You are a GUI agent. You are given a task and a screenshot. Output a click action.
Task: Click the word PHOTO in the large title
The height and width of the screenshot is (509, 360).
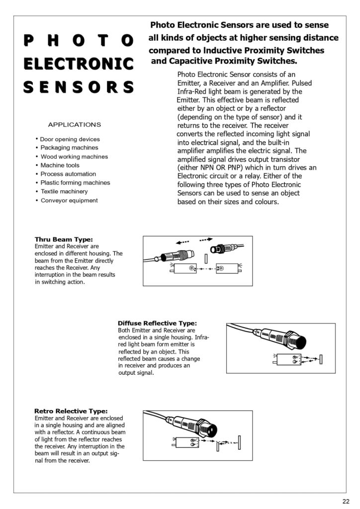(79, 40)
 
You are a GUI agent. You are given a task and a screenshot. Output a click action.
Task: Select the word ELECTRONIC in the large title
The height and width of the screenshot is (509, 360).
(79, 64)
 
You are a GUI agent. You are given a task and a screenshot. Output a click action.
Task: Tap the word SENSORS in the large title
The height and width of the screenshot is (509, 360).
(79, 87)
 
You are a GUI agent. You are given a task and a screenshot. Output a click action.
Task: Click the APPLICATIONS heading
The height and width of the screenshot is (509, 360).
(74, 125)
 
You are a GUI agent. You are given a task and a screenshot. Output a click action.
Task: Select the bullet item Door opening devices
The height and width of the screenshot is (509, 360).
(70, 139)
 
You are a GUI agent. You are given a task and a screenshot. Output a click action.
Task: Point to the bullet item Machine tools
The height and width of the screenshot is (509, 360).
(60, 165)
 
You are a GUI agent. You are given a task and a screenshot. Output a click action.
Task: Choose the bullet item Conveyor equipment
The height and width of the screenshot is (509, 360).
(69, 200)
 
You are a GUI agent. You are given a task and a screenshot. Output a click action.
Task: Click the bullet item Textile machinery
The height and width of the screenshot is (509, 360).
(64, 191)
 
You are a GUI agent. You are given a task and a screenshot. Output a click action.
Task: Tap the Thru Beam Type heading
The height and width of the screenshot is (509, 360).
(64, 240)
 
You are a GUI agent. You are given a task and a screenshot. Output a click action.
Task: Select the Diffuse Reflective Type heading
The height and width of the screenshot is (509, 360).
(157, 323)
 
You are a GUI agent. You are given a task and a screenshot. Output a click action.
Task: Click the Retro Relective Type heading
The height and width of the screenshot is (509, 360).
(71, 411)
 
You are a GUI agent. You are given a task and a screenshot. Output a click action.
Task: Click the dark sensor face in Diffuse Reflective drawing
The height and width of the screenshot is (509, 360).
(300, 342)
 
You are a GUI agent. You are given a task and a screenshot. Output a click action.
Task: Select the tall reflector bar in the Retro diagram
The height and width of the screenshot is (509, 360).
(240, 441)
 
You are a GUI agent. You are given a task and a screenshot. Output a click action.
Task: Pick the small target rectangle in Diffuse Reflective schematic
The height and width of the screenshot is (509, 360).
(322, 359)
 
